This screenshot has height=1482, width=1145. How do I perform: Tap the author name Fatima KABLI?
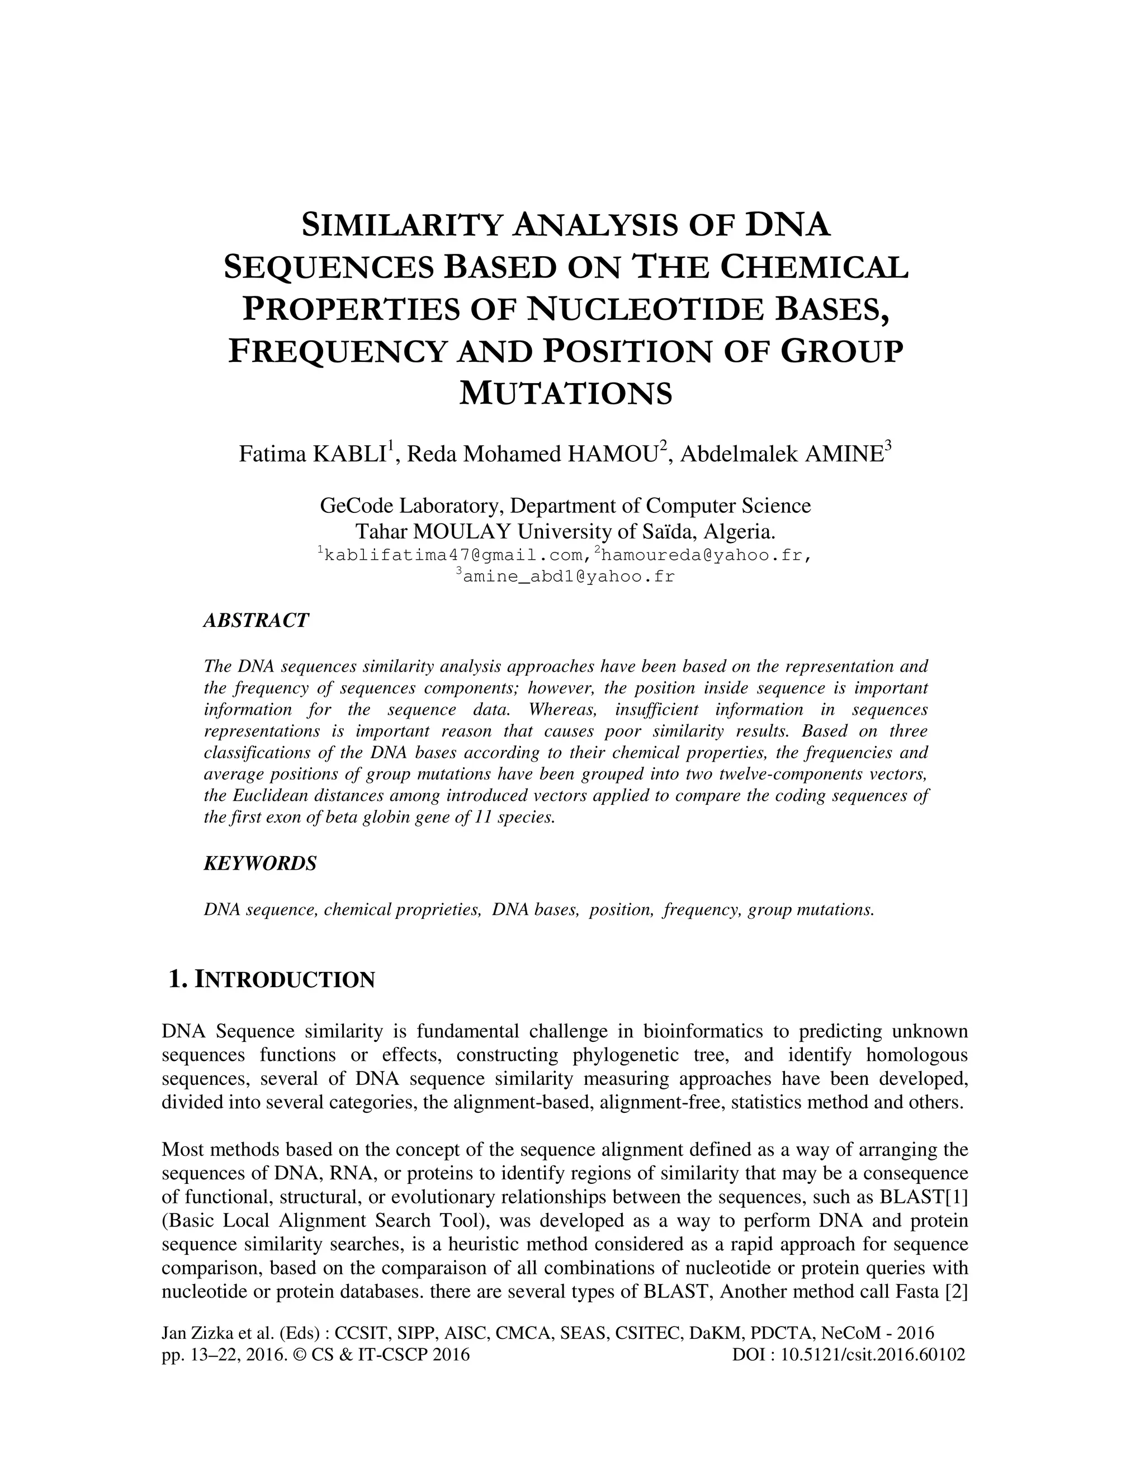tap(314, 454)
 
